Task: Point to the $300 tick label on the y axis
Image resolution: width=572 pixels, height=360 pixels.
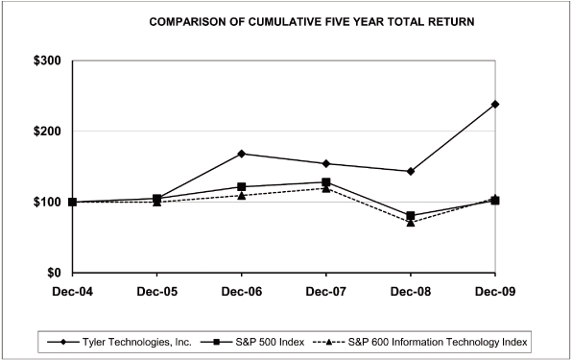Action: (47, 60)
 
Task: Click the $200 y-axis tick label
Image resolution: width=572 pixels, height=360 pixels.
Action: (47, 132)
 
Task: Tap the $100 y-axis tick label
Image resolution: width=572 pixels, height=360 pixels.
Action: (47, 203)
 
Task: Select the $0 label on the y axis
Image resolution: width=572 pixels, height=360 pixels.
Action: (54, 274)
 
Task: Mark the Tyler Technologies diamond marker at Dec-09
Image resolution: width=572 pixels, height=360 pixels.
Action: (495, 104)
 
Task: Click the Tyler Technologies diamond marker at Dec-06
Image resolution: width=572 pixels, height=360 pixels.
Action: (241, 154)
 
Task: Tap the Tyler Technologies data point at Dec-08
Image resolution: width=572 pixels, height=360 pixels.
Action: (411, 171)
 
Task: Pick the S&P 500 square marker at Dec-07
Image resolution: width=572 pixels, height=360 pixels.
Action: (325, 182)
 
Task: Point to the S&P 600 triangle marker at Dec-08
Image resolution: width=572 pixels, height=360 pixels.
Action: (411, 222)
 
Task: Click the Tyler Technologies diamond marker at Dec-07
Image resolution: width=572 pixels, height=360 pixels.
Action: (325, 163)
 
